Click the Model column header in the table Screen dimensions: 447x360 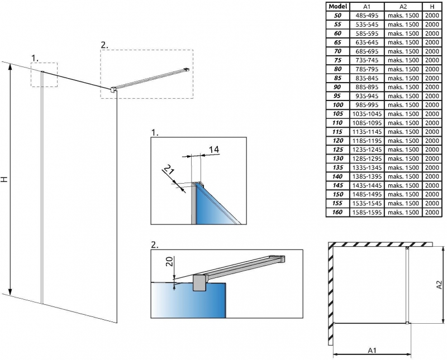pyautogui.click(x=337, y=6)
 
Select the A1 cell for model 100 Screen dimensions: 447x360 pyautogui.click(x=367, y=105)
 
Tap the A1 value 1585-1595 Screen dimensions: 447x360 pyautogui.click(x=367, y=212)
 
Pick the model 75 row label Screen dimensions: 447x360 pyautogui.click(x=337, y=60)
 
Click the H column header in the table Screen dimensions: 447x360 pyautogui.click(x=432, y=6)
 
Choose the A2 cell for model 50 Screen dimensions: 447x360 pyautogui.click(x=403, y=16)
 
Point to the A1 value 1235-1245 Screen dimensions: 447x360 pyautogui.click(x=367, y=150)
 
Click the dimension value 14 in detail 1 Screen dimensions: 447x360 pyautogui.click(x=214, y=149)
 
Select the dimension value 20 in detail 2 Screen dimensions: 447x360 pyautogui.click(x=169, y=261)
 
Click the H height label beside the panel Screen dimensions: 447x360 pyautogui.click(x=4, y=179)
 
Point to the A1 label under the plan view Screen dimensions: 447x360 pyautogui.click(x=372, y=350)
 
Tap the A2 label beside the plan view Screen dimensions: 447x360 pyautogui.click(x=440, y=284)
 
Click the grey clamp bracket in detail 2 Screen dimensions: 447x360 pyautogui.click(x=200, y=283)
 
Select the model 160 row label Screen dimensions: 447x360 pyautogui.click(x=337, y=212)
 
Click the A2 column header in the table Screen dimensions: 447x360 pyautogui.click(x=403, y=6)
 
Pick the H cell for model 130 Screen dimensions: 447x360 pyautogui.click(x=432, y=159)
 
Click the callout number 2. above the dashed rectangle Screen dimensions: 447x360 pyautogui.click(x=104, y=45)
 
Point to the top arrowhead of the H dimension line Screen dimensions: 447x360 pyautogui.click(x=10, y=67)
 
